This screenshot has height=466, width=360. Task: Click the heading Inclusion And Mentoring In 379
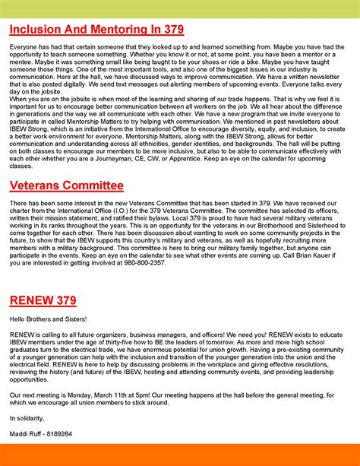96,30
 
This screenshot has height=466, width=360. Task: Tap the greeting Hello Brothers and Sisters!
49,319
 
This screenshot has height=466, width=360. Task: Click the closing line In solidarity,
27,417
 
